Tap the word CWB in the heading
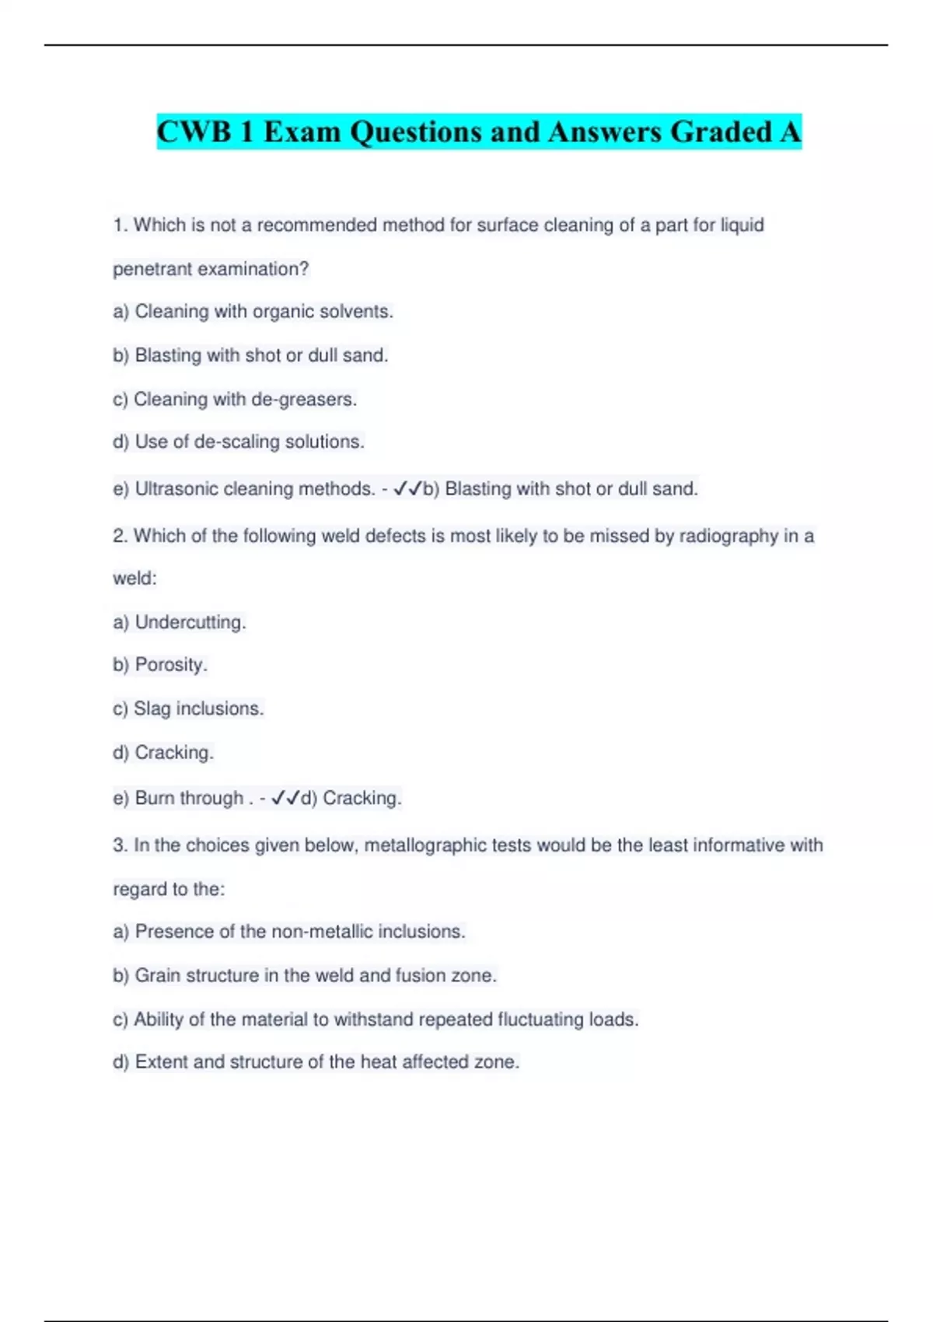pyautogui.click(x=194, y=132)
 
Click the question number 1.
pyautogui.click(x=119, y=226)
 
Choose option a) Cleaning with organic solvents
pyautogui.click(x=253, y=312)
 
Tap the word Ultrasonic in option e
pyautogui.click(x=176, y=489)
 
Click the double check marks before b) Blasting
pyautogui.click(x=407, y=489)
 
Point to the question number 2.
pyautogui.click(x=119, y=536)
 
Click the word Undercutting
pyautogui.click(x=190, y=622)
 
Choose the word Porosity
pyautogui.click(x=170, y=665)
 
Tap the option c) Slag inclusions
pyautogui.click(x=188, y=708)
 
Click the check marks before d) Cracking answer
pyautogui.click(x=285, y=798)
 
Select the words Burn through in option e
pyautogui.click(x=189, y=798)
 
